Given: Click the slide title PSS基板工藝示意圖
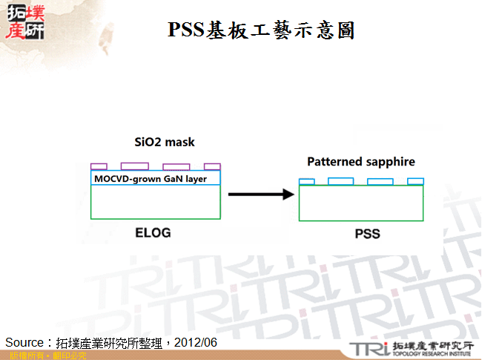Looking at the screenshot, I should coord(261,30).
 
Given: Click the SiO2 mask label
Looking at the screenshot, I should coord(164,142).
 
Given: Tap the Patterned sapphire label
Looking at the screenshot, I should coord(361,161).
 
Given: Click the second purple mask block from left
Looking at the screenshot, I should coord(134,166).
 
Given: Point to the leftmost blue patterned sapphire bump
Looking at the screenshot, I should coord(307,181).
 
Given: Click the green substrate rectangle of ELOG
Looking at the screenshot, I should coord(156,202).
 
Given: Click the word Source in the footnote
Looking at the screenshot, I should coord(24,342).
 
